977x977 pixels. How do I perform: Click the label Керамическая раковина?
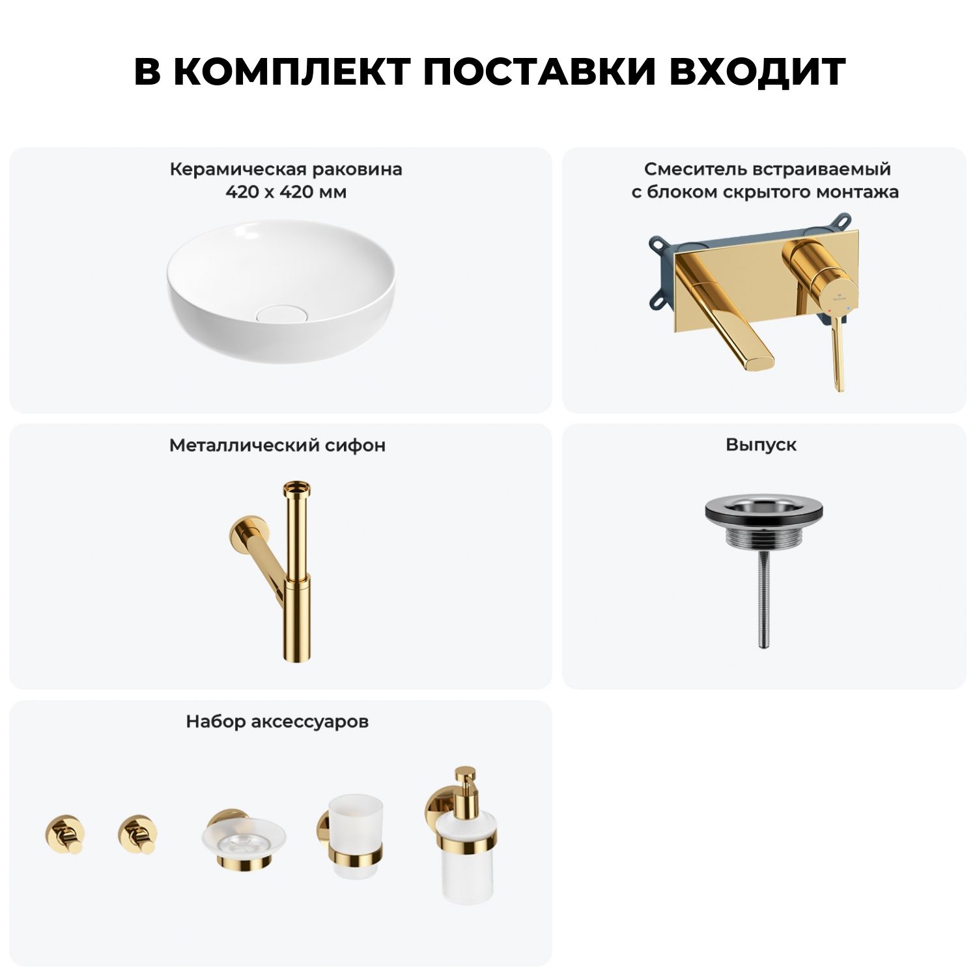coord(286,169)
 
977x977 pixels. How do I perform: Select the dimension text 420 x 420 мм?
coord(286,192)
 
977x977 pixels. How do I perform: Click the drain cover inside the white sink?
coord(279,313)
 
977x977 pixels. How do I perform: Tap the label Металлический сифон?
coord(277,445)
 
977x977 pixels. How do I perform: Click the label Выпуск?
coord(761,445)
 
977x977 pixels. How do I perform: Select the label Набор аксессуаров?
coord(277,722)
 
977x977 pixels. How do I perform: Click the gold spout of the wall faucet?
coord(729,319)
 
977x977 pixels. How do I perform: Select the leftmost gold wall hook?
coord(65,834)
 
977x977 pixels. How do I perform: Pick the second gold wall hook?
coord(138,834)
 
